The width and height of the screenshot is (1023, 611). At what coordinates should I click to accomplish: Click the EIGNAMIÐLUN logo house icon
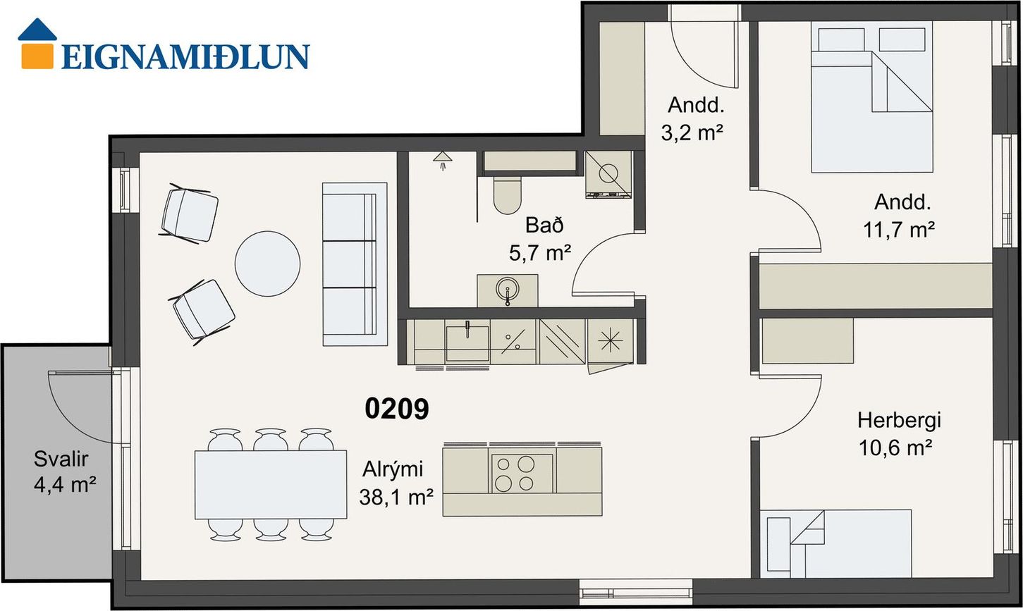37,44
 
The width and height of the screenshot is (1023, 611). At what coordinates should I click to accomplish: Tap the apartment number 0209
396,408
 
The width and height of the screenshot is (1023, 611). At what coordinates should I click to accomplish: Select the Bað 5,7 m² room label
540,239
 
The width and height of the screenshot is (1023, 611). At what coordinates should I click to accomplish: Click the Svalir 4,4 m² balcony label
64,471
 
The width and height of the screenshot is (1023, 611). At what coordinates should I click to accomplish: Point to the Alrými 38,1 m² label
396,483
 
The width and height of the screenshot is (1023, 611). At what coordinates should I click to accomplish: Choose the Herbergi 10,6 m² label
899,434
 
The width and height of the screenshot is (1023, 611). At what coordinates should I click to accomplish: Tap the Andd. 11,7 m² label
899,216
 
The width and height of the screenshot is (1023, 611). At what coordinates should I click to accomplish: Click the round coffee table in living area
268,264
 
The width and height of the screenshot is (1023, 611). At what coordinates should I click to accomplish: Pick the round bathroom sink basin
507,290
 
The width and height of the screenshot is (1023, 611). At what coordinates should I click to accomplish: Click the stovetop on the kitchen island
522,474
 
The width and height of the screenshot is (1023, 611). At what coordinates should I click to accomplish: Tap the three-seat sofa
355,264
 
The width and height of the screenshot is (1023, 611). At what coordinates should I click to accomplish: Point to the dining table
270,485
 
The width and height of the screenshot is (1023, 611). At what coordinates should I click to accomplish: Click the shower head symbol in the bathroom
443,161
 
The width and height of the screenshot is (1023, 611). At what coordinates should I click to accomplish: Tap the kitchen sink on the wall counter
467,342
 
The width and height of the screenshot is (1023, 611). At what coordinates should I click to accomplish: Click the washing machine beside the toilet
608,175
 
